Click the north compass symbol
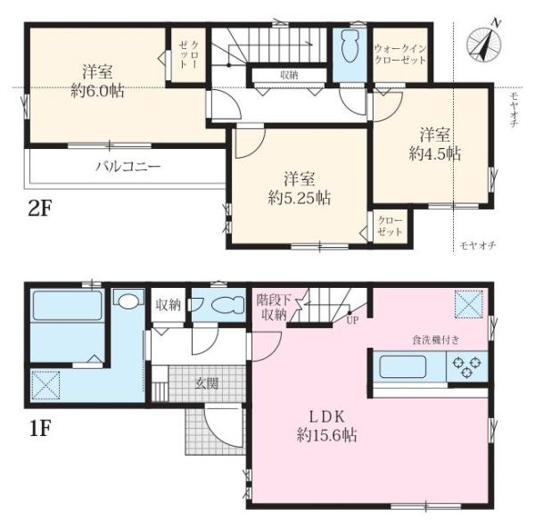tap(484, 44)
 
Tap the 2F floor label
tap(39, 209)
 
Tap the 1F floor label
tap(40, 429)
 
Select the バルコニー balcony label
tap(128, 167)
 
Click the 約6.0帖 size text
tap(97, 91)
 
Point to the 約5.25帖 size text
tap(300, 198)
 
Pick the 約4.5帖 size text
tap(435, 154)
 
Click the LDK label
tap(327, 416)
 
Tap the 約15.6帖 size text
tap(327, 435)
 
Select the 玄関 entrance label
tap(207, 383)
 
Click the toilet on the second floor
tap(350, 47)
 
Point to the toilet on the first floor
tap(228, 304)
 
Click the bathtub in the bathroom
tap(67, 305)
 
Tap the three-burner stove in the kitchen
tap(466, 366)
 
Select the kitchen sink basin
tap(403, 366)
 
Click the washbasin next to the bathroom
tap(128, 300)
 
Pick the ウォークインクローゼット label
tap(400, 53)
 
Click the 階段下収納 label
tap(274, 308)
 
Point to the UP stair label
tap(352, 320)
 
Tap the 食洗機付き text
tap(436, 340)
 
